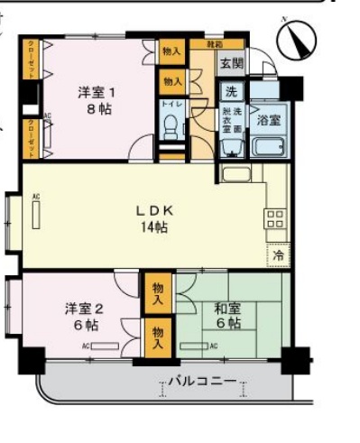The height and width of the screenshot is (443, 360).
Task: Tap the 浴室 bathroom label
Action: (x=268, y=118)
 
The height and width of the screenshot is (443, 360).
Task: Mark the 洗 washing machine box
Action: (x=231, y=90)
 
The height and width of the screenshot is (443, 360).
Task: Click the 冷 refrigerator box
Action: (x=277, y=255)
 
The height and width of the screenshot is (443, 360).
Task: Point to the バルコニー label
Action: (x=202, y=382)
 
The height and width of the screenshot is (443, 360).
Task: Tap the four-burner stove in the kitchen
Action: (x=275, y=218)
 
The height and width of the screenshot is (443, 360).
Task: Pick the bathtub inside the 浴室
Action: (x=267, y=147)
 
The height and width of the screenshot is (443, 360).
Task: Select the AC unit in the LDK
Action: (x=36, y=217)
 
